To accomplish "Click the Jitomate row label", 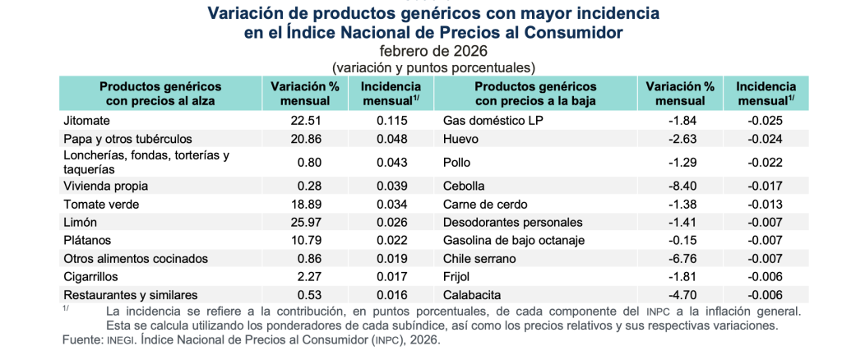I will (85, 121).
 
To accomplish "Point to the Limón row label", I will (80, 223).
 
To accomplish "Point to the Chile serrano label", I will (479, 259).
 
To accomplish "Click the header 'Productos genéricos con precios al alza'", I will (160, 94).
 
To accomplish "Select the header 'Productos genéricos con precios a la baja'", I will (535, 94).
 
